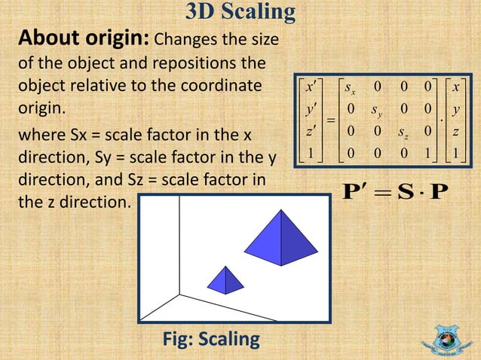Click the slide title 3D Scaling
[240, 12]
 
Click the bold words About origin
[84, 38]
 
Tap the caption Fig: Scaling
[211, 340]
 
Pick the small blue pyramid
[225, 281]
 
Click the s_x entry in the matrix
[350, 89]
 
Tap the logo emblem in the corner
[451, 337]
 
